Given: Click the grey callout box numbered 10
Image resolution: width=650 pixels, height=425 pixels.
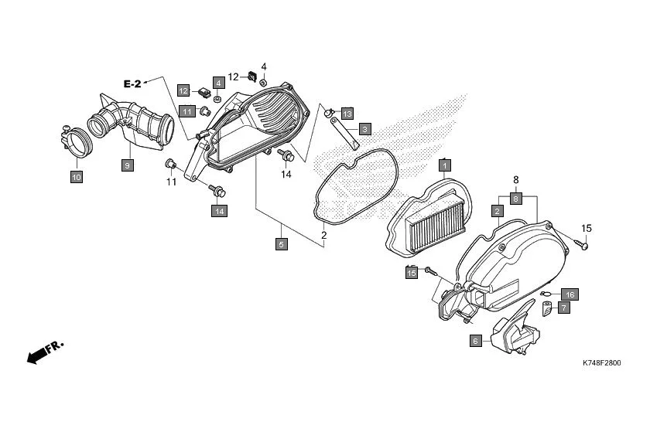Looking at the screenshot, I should (76, 177).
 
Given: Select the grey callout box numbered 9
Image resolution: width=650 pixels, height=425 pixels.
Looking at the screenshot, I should (128, 165).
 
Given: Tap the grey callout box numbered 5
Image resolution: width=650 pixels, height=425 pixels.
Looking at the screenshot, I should (282, 244).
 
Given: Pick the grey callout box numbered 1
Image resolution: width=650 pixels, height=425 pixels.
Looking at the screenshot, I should (445, 165).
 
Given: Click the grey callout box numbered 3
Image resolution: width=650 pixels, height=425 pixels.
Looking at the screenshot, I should (364, 129).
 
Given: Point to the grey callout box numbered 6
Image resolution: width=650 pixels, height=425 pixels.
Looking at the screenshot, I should (476, 340).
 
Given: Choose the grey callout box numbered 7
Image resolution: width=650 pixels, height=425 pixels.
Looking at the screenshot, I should (563, 308).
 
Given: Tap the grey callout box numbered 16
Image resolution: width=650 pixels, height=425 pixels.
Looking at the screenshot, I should (569, 294).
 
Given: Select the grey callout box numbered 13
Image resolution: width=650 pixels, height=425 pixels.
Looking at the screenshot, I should (346, 114).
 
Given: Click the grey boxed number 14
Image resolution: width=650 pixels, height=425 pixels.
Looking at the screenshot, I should (220, 210).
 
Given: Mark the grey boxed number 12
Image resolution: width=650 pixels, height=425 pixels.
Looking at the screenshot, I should (184, 90).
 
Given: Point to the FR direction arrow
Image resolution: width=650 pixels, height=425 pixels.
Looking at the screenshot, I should (45, 352).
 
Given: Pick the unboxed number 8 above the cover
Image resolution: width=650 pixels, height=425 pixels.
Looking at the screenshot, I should (514, 181).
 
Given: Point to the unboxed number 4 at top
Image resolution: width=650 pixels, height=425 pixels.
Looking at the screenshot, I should (263, 66).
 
